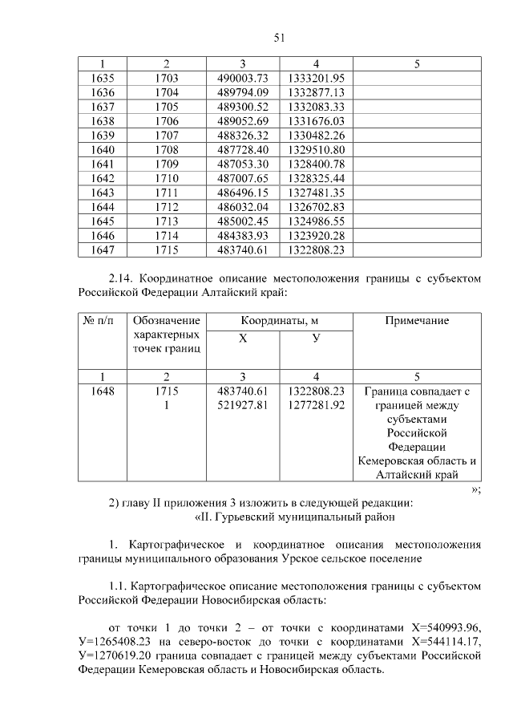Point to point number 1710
(x=167, y=178)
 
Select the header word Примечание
(x=417, y=320)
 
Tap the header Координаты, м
(x=280, y=320)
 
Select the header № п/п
(x=103, y=320)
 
